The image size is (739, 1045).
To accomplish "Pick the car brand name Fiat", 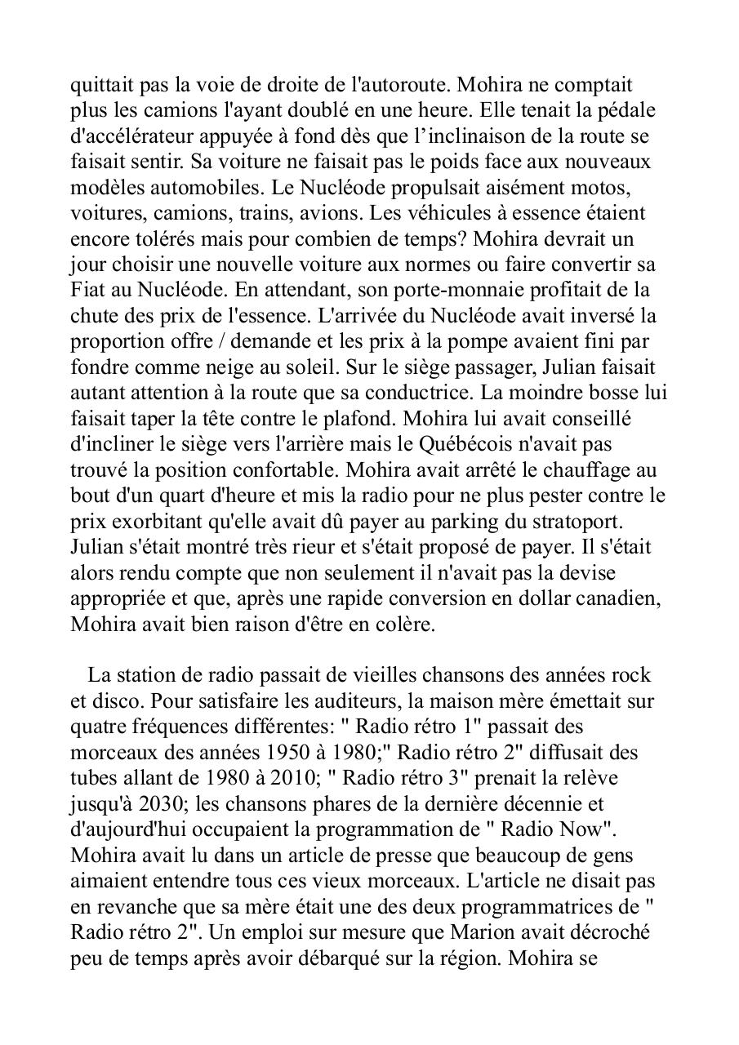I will click(x=87, y=291).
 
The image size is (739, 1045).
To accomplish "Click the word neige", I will click(x=225, y=367).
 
